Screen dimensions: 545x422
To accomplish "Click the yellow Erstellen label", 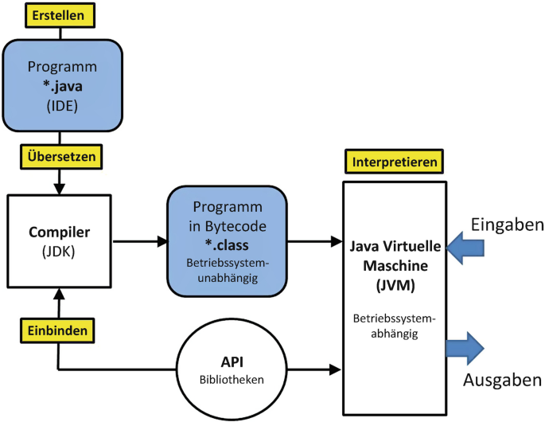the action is pyautogui.click(x=60, y=15).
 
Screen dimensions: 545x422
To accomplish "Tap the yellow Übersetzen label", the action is pyautogui.click(x=61, y=157).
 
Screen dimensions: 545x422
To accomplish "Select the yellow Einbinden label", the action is pyautogui.click(x=57, y=330).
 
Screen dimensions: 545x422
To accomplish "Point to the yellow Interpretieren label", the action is pyautogui.click(x=394, y=162).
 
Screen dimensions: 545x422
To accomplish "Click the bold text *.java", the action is pyautogui.click(x=63, y=86).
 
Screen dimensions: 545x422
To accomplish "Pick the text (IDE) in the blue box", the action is pyautogui.click(x=62, y=106).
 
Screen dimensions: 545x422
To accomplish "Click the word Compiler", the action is pyautogui.click(x=59, y=232).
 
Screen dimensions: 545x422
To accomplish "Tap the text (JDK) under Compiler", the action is pyautogui.click(x=58, y=252).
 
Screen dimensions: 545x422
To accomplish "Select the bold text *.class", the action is pyautogui.click(x=227, y=245).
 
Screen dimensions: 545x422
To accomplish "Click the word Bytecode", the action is pyautogui.click(x=236, y=226).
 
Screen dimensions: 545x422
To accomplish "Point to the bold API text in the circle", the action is pyautogui.click(x=232, y=362).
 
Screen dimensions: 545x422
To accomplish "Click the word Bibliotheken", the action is pyautogui.click(x=232, y=380).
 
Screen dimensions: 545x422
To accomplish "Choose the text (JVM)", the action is pyautogui.click(x=395, y=286).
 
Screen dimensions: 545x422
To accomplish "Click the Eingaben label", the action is pyautogui.click(x=507, y=225).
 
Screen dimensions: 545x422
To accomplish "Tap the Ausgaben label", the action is pyautogui.click(x=502, y=380).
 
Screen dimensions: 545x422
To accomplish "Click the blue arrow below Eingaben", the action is pyautogui.click(x=465, y=248).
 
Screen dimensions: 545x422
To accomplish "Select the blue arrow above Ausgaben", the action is pyautogui.click(x=465, y=348).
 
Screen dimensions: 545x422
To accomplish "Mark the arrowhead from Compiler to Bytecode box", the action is pyautogui.click(x=162, y=241).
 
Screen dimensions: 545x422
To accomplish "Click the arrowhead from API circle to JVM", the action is pyautogui.click(x=335, y=369).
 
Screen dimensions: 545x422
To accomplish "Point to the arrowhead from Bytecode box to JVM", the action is pyautogui.click(x=337, y=241).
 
